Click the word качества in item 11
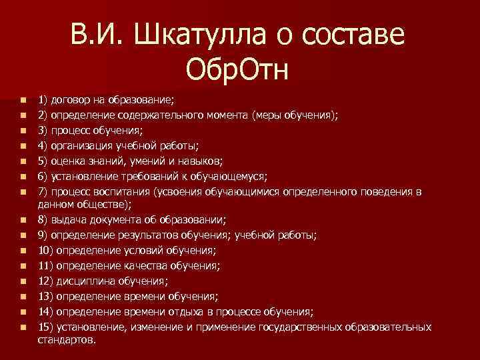[153, 265]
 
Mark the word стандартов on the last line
[67, 339]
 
